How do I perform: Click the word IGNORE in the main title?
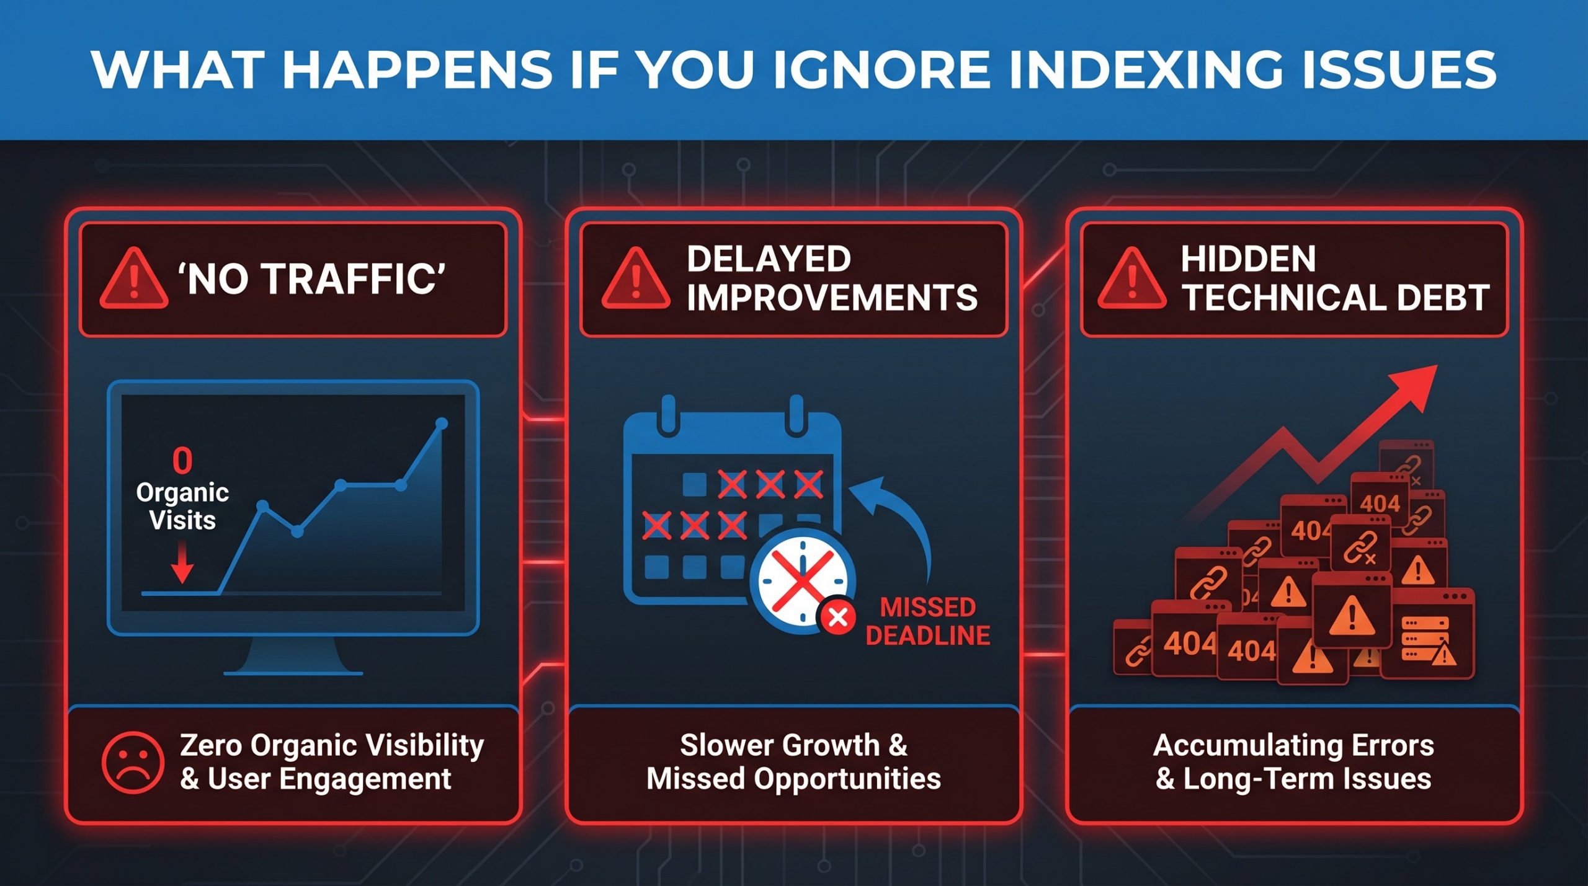882,69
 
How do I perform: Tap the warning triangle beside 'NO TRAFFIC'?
134,278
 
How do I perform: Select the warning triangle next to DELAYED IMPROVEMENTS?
636,278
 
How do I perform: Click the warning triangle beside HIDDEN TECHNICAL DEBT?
1132,278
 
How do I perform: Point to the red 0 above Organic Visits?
182,461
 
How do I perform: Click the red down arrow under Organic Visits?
182,561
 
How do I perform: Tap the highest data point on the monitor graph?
442,423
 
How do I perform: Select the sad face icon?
133,762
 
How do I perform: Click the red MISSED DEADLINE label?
928,621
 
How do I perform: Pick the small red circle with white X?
838,617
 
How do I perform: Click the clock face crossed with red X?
803,582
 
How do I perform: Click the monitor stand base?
293,673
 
